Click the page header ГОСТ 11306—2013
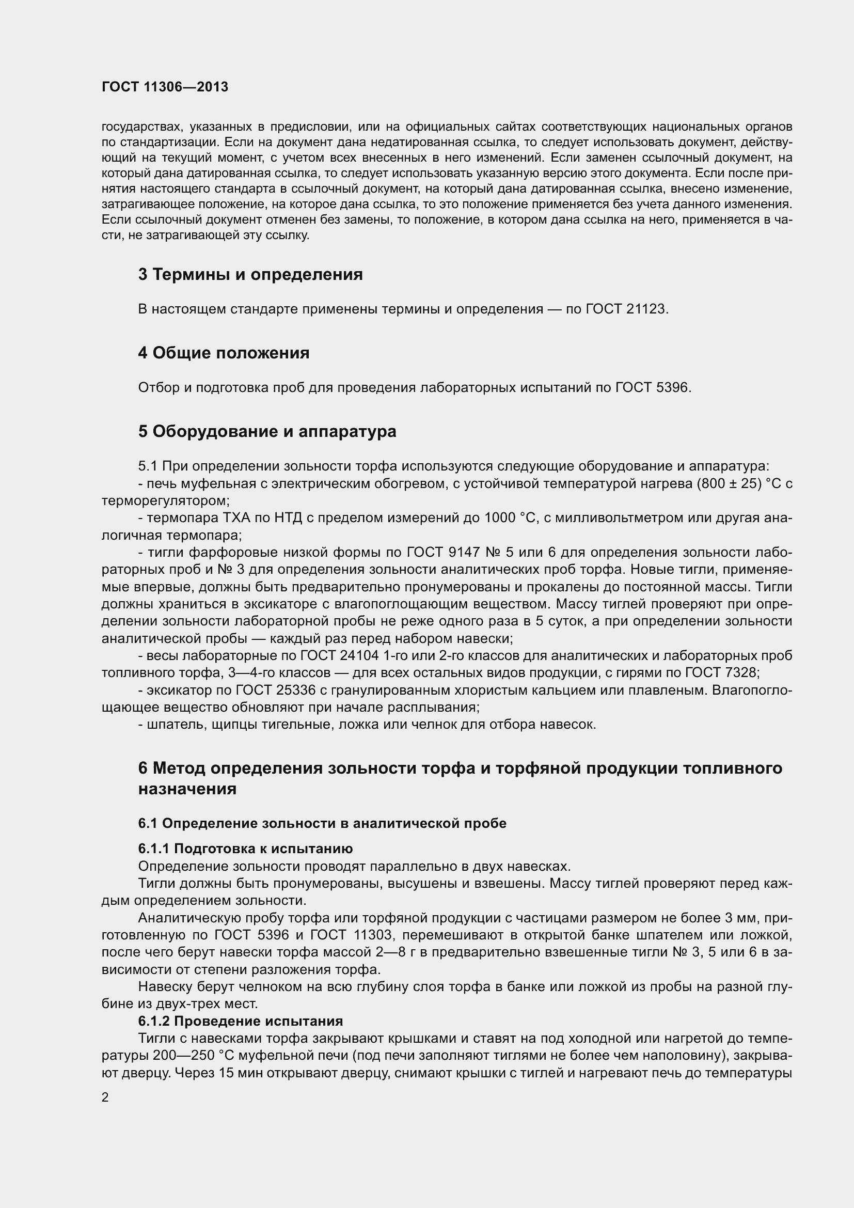(165, 87)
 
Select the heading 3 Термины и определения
(250, 274)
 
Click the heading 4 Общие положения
(224, 353)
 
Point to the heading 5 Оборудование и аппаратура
(267, 431)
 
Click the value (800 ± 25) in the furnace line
(729, 483)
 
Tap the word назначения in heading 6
(187, 789)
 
